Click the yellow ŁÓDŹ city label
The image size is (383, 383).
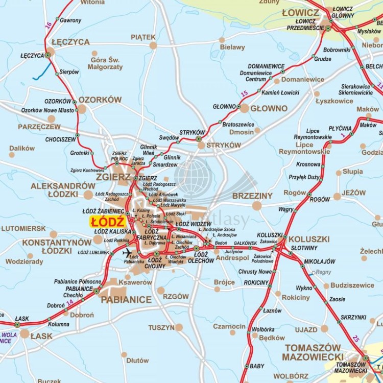108,222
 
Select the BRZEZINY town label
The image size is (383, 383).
252,196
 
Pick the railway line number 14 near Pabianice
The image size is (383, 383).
70,302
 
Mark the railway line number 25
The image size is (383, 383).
355,338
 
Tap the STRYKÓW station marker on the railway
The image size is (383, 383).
199,138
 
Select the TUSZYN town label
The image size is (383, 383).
161,327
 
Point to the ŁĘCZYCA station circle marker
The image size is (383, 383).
48,54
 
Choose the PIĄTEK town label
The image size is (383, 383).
143,37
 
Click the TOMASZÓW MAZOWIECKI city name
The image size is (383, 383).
313,352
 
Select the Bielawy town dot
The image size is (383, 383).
222,40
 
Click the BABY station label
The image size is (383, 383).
257,366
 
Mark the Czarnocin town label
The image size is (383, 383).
229,326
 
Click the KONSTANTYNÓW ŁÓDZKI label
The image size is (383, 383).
56,246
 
